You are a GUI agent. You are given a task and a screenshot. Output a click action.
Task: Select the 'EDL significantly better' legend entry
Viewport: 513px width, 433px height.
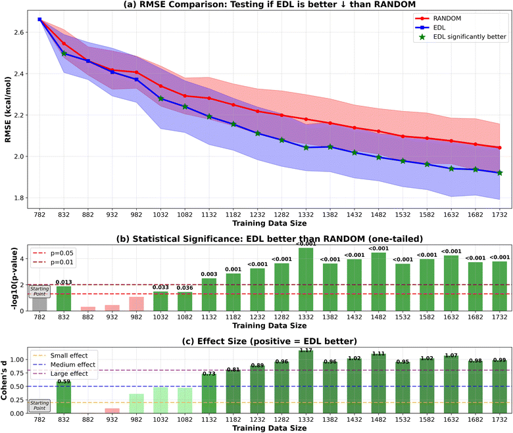(x=463, y=37)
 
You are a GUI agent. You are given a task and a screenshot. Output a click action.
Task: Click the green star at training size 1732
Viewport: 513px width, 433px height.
(x=500, y=173)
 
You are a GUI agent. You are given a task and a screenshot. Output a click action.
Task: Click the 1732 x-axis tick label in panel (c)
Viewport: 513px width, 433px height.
(x=500, y=419)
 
